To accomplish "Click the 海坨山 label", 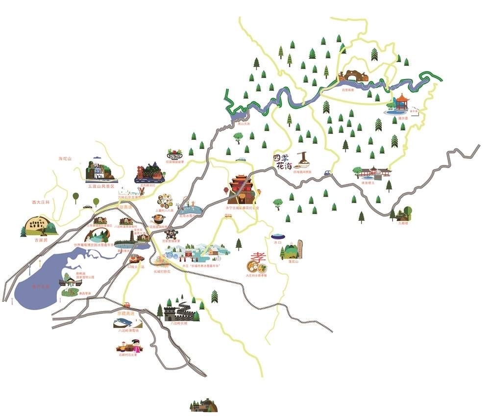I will tap(65, 158).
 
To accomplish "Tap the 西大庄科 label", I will tap(41, 202).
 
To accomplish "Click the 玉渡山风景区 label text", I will tap(101, 186).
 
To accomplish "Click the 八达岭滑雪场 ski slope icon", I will tap(127, 323).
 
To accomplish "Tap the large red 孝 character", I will tap(257, 258).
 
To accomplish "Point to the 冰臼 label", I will tap(278, 242).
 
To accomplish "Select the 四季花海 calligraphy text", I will tap(283, 161).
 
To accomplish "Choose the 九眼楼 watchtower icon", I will tap(405, 213).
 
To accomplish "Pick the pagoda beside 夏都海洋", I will tap(133, 238).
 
